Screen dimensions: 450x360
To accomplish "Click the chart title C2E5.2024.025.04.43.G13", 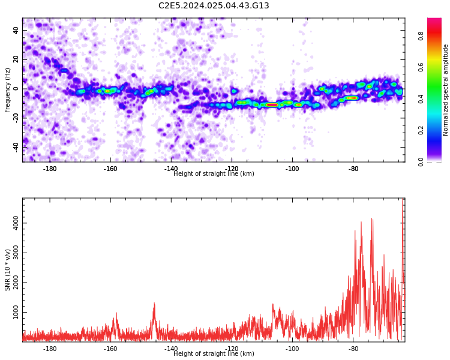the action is click(214, 5).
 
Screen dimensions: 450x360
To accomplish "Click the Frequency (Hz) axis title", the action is click(7, 90).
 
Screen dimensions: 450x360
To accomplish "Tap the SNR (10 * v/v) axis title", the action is click(7, 269).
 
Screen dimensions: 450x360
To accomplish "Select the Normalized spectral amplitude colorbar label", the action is click(445, 90).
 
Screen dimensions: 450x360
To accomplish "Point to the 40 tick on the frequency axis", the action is click(16, 30).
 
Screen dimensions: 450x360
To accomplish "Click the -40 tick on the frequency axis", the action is click(16, 148).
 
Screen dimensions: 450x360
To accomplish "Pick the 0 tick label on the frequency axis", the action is click(16, 89).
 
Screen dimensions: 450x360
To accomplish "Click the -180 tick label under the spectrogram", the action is click(50, 169).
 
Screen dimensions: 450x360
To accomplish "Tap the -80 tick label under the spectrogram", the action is click(353, 169).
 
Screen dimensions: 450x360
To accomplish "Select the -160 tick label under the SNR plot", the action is click(110, 349).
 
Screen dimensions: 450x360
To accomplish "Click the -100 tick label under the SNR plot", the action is click(292, 349).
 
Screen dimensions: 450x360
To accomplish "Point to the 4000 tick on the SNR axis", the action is click(16, 223).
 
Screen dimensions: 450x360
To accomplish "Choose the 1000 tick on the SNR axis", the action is click(16, 312).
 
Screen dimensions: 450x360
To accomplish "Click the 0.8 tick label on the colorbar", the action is click(421, 36).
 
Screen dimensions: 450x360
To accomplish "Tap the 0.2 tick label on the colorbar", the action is click(421, 130).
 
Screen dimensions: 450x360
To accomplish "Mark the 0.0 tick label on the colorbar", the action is click(421, 162).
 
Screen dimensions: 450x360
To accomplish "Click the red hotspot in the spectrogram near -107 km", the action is click(271, 105).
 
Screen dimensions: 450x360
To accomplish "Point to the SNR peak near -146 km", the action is click(154, 303).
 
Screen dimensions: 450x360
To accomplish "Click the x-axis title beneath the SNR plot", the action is click(214, 353).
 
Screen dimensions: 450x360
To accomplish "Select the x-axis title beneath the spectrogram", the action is click(214, 173).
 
